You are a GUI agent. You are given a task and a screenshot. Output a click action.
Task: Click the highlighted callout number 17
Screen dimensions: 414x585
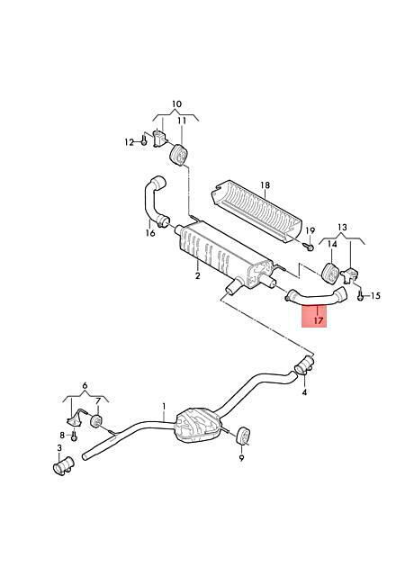318,320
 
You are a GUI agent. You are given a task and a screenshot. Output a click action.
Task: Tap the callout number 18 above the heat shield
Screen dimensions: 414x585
265,185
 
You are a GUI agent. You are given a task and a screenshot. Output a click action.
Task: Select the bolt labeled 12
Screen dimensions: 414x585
144,141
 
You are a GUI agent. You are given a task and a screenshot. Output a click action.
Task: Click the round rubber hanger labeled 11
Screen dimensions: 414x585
179,156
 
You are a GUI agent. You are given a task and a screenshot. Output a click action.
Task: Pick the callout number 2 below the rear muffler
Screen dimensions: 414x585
197,275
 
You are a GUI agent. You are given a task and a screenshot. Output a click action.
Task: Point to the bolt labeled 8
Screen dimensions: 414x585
74,436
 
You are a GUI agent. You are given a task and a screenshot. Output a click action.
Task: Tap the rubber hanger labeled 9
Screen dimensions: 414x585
244,436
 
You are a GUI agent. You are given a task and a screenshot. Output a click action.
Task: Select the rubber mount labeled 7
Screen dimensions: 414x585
96,421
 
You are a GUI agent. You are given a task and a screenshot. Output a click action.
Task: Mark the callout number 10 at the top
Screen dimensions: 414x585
176,103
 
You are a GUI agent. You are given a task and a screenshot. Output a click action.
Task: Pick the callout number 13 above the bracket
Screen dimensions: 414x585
342,227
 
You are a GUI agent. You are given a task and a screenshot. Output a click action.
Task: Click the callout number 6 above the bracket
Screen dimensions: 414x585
85,385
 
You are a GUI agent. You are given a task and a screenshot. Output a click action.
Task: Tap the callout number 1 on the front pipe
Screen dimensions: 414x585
164,406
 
